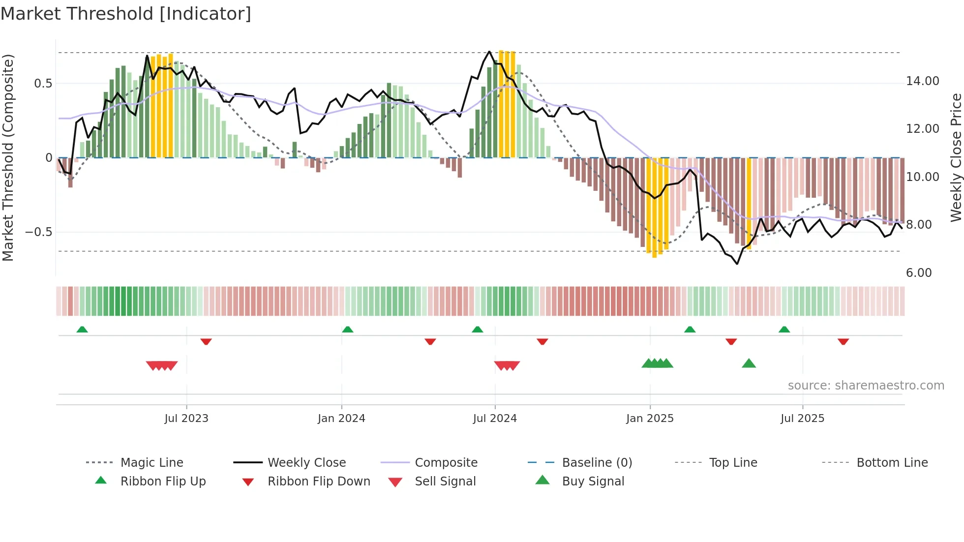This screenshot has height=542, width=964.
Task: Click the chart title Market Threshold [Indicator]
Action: point(126,14)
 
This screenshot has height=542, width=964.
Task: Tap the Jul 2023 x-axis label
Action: point(186,419)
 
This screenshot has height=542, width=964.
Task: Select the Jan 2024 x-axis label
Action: point(341,419)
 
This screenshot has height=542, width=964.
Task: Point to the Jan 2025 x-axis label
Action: point(650,419)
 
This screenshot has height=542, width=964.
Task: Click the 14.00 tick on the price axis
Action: point(922,81)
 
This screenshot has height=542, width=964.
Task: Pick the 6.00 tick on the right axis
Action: point(919,273)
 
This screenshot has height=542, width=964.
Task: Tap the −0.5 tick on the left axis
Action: point(39,232)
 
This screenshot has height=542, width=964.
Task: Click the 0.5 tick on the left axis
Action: point(43,84)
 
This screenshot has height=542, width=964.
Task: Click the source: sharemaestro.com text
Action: point(866,386)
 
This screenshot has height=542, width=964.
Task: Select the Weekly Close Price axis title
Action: point(956,157)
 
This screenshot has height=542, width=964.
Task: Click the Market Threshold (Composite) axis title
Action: point(8,157)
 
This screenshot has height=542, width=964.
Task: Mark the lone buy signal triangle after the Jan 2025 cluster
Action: point(749,363)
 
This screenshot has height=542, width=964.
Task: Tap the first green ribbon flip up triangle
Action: point(82,330)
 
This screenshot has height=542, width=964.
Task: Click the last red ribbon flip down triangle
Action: point(843,341)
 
